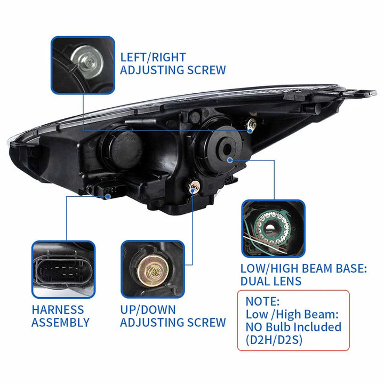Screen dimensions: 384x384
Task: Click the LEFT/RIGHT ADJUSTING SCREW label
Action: point(172,63)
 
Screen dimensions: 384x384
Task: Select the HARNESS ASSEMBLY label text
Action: point(60,316)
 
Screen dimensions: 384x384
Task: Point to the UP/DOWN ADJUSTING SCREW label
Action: point(173,316)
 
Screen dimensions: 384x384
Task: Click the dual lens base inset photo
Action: point(273,228)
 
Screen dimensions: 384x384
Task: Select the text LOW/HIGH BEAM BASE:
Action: point(303,268)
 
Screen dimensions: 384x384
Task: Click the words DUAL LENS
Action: point(270,281)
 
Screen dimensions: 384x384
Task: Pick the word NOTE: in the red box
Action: point(262,301)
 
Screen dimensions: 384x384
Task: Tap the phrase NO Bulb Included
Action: point(293,326)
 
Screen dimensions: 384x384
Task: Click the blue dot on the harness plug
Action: point(109,196)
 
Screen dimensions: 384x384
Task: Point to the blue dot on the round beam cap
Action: point(229,159)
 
